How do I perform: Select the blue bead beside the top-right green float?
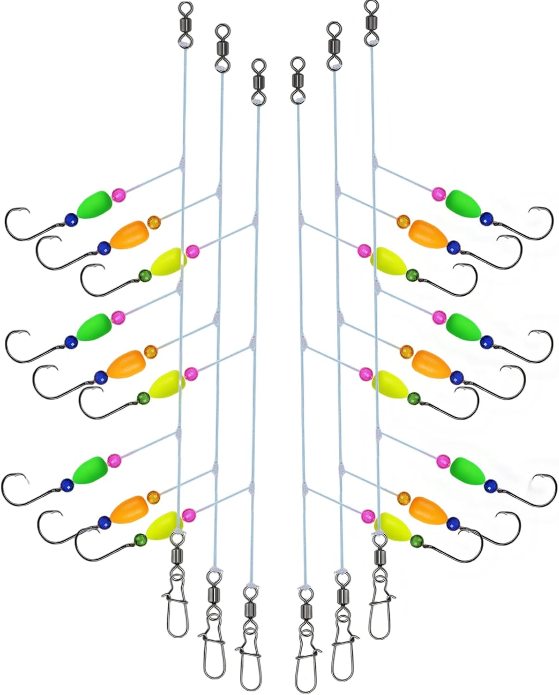click(486, 218)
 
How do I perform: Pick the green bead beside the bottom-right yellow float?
click(416, 539)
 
